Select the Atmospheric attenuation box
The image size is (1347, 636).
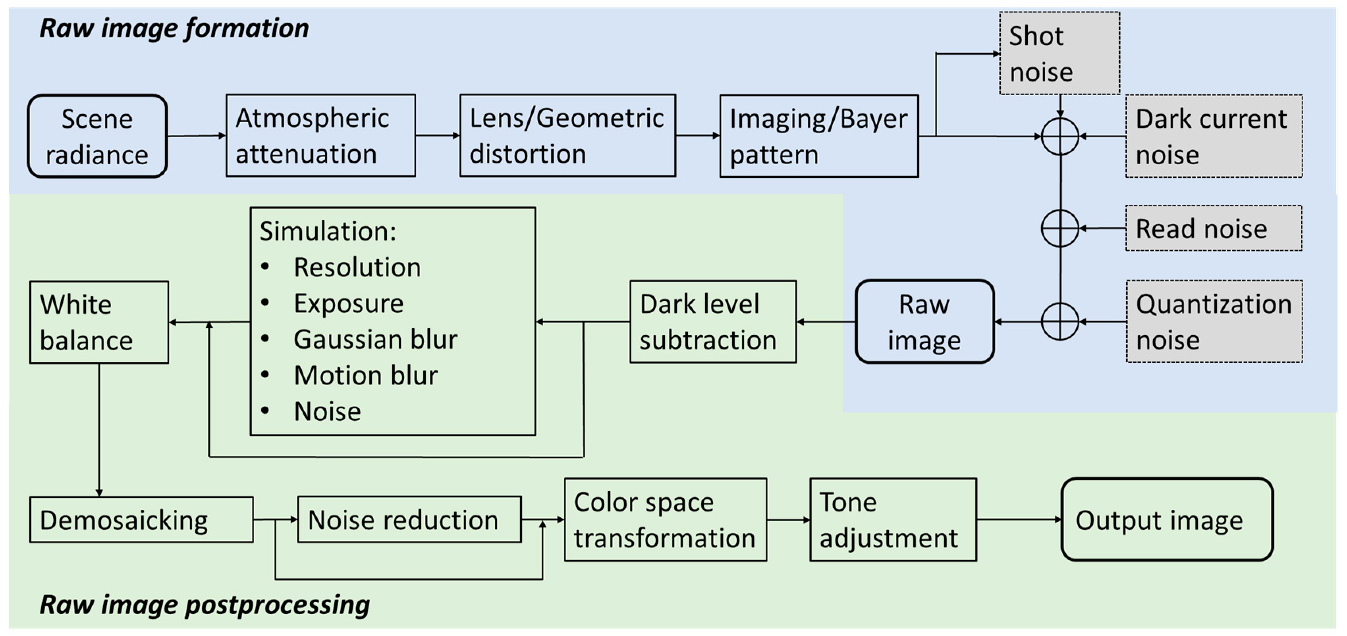point(320,136)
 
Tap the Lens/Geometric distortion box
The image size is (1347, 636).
point(567,136)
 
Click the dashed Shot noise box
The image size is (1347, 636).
point(1059,53)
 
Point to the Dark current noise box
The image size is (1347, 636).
point(1214,136)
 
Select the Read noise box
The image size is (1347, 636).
point(1214,229)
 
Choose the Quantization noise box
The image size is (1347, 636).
point(1214,321)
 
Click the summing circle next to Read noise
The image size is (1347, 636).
point(1060,229)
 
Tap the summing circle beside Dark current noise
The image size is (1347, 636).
point(1060,136)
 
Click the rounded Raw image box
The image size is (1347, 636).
point(924,321)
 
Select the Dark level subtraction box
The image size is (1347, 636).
point(713,321)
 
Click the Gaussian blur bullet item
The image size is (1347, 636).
point(375,339)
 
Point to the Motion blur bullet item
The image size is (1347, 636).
point(365,375)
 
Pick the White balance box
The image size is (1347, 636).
point(99,322)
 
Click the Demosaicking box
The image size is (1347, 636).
point(141,520)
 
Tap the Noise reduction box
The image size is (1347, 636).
point(409,520)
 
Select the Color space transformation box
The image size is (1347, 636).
point(665,520)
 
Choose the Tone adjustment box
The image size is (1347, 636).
point(893,520)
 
